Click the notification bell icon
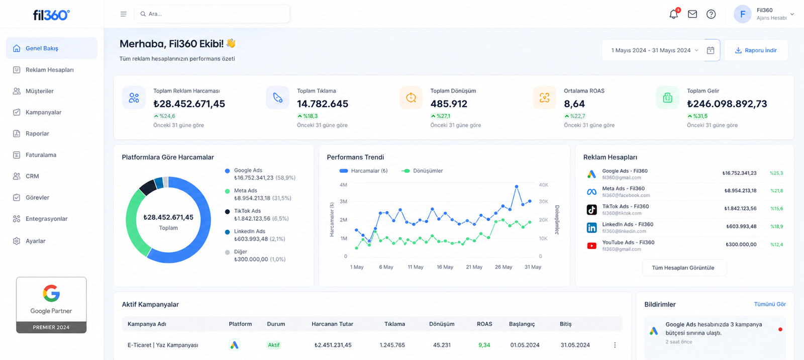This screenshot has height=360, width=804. [674, 14]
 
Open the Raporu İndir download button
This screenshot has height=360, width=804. [756, 50]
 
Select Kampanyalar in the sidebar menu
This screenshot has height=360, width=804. [43, 112]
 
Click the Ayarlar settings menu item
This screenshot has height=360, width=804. [36, 241]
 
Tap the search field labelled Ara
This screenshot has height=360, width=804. [212, 14]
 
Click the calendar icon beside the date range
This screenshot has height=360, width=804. [711, 50]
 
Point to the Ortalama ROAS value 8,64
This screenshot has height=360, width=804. [574, 104]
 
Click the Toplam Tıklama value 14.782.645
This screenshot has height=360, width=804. [322, 104]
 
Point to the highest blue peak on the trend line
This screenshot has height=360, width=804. [517, 187]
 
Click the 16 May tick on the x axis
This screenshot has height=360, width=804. [445, 267]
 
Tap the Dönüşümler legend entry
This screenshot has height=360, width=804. [422, 170]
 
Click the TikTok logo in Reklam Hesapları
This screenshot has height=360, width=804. [591, 210]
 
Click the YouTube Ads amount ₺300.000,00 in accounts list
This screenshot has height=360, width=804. [741, 244]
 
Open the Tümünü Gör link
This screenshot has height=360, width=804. [770, 304]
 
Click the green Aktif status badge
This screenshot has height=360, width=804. [273, 345]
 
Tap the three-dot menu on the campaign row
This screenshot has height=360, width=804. [615, 345]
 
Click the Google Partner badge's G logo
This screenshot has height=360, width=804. [51, 294]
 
